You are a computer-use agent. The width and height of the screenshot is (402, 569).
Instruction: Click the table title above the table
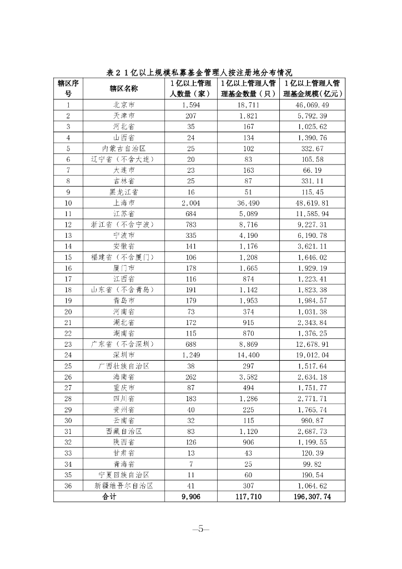tap(199, 73)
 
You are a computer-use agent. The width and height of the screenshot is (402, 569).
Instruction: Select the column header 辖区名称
tap(123, 88)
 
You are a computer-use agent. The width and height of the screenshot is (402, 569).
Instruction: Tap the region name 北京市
tap(123, 104)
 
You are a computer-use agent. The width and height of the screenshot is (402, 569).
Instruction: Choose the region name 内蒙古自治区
tap(123, 148)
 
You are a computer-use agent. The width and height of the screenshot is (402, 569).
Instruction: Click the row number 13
tap(68, 235)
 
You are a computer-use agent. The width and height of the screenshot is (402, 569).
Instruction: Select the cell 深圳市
tap(123, 355)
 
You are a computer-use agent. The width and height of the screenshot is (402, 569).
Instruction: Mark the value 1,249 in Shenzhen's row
tap(190, 355)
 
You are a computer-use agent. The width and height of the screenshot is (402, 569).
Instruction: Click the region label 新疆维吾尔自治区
tap(123, 485)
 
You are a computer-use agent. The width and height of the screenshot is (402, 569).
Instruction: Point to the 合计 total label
tap(109, 497)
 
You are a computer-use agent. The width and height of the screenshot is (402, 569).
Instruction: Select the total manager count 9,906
tap(190, 497)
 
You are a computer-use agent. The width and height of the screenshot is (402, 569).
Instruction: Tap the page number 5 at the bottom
tap(200, 529)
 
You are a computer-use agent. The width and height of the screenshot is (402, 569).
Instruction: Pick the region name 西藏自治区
tap(123, 431)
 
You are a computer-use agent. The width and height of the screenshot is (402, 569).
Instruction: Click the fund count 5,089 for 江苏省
tap(248, 213)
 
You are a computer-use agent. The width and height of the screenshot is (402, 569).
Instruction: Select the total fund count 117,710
tap(248, 497)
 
